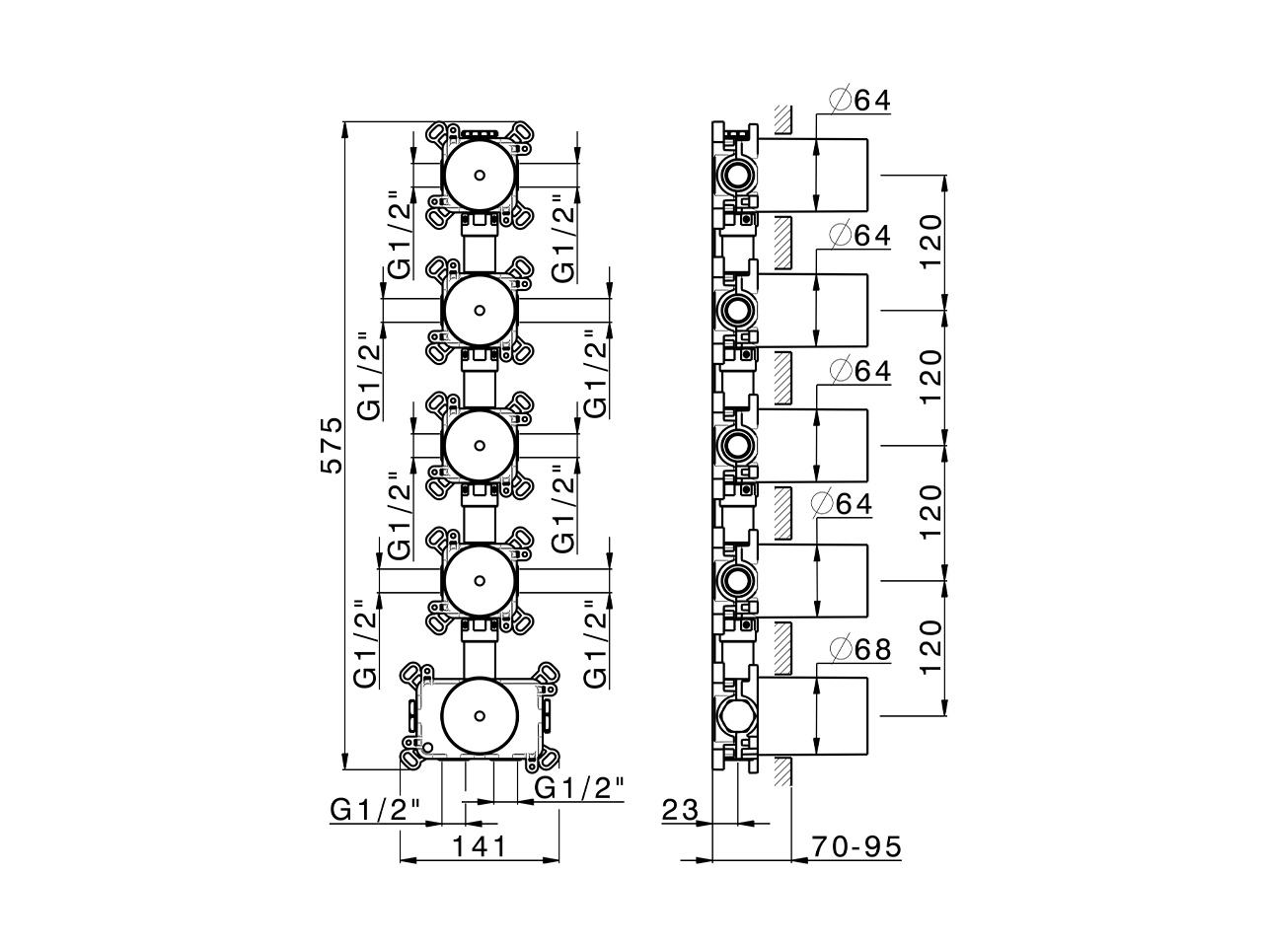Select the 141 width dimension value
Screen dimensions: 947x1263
pos(480,846)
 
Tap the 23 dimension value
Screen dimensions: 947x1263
pos(680,811)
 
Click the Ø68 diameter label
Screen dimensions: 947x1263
pos(860,649)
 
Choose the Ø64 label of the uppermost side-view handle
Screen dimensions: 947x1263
pos(860,100)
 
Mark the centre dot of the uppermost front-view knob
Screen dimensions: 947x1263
pos(479,176)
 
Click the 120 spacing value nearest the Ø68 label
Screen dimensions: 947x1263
pos(931,647)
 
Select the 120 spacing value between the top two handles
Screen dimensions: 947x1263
pos(931,243)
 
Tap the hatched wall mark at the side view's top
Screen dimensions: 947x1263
pos(783,118)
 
